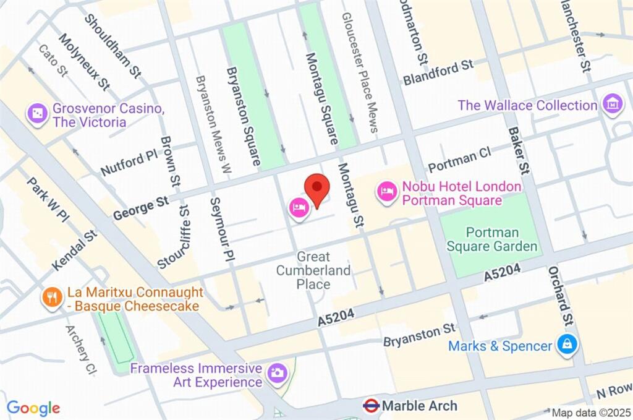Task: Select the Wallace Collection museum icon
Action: tap(613, 105)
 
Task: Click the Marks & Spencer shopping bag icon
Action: tap(566, 346)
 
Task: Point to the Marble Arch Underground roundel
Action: tap(371, 406)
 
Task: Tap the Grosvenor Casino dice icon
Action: tap(38, 113)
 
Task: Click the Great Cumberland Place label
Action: tap(313, 270)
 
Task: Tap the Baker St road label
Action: tap(519, 151)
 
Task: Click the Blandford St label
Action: tap(438, 72)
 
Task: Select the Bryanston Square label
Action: tap(243, 116)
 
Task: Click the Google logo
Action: tap(33, 408)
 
